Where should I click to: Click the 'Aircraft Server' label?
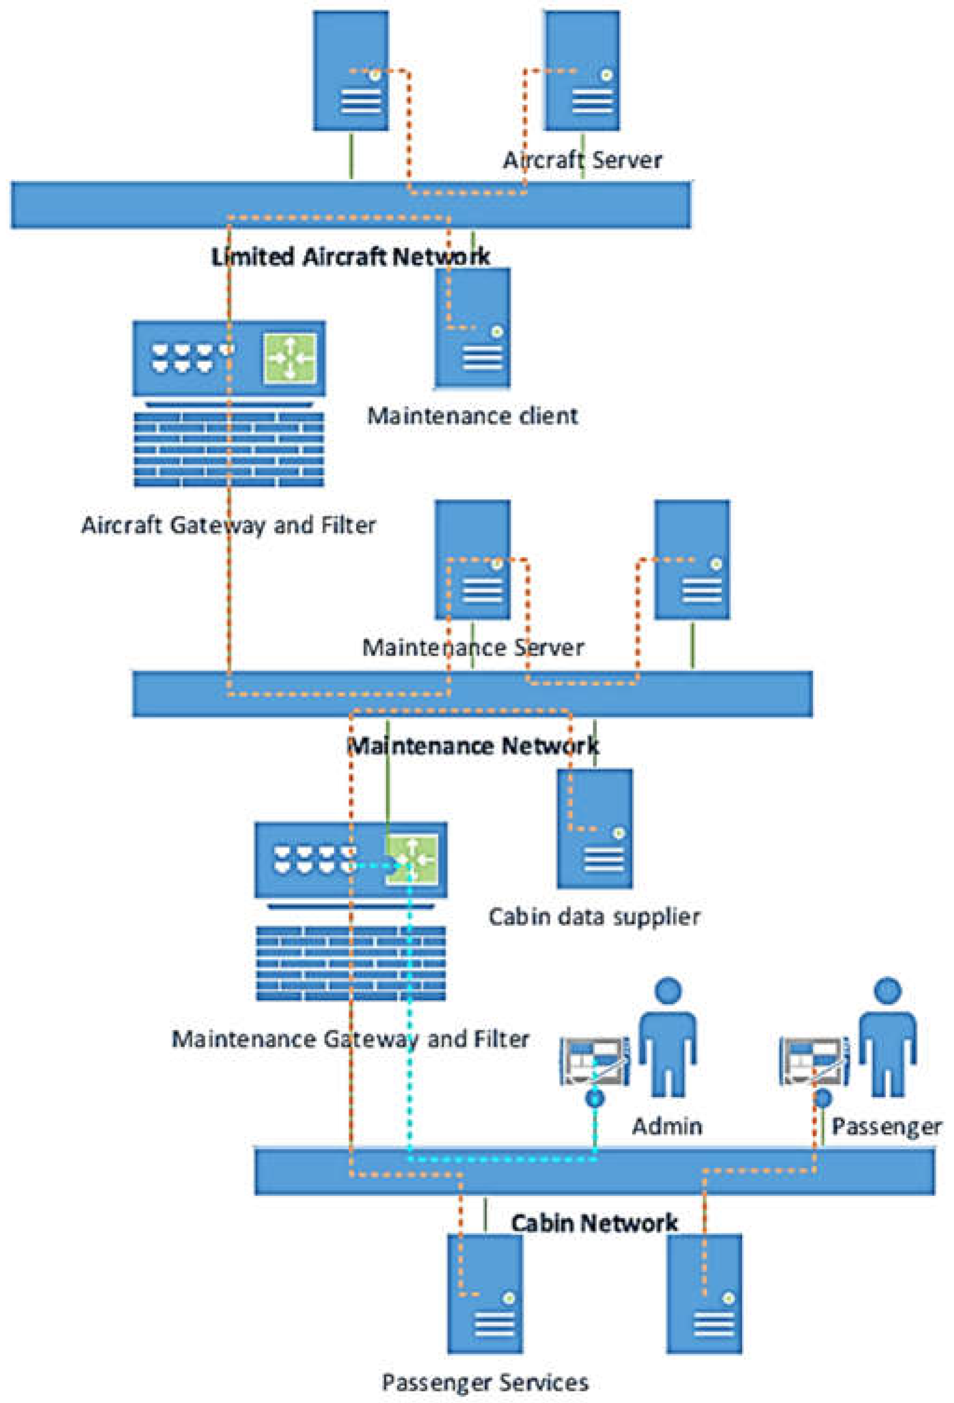tap(582, 161)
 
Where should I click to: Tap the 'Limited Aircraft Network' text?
tap(350, 257)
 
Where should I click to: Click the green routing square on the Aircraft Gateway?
tap(290, 358)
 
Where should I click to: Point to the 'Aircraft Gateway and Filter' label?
tap(228, 525)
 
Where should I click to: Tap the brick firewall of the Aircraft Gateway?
tap(228, 449)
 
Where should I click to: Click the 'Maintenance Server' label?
tap(473, 648)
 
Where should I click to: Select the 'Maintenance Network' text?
tap(473, 747)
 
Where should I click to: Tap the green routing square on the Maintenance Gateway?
tap(412, 859)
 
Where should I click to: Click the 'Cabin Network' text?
tap(594, 1223)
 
